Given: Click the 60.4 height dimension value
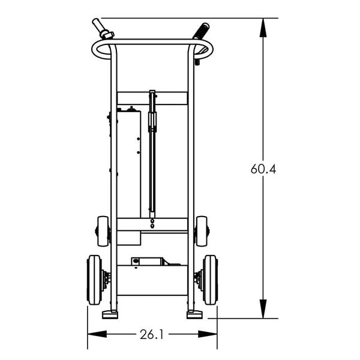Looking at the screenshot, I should pyautogui.click(x=263, y=169).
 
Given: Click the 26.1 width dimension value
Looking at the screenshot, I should pyautogui.click(x=152, y=334).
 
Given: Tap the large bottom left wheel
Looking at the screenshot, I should pyautogui.click(x=94, y=280).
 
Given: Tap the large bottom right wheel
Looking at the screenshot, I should pyautogui.click(x=210, y=280).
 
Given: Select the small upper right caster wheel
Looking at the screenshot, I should pyautogui.click(x=202, y=231).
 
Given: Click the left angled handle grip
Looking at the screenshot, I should pyautogui.click(x=102, y=29).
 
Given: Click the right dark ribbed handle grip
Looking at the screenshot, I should pyautogui.click(x=200, y=30).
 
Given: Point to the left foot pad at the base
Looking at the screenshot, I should pyautogui.click(x=110, y=314).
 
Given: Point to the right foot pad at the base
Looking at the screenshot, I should pyautogui.click(x=194, y=314).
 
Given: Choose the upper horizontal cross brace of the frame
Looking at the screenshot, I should pyautogui.click(x=152, y=98).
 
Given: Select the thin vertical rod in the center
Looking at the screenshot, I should pyautogui.click(x=152, y=168).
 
